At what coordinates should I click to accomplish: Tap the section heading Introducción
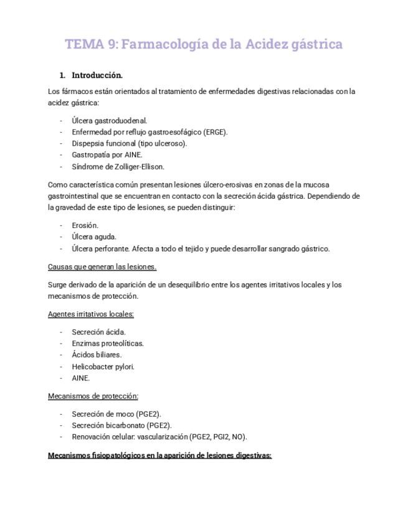(97, 75)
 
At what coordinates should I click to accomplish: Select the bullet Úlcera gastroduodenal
(109, 120)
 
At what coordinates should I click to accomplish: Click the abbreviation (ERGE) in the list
(216, 132)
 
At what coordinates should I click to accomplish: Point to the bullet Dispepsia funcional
(103, 143)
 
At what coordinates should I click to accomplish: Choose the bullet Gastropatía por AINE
(107, 154)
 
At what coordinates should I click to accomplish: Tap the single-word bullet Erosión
(85, 225)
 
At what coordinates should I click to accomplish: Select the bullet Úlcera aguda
(93, 237)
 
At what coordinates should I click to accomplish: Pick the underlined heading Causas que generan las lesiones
(102, 266)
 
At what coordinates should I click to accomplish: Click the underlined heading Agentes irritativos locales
(91, 314)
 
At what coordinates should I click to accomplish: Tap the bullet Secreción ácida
(98, 332)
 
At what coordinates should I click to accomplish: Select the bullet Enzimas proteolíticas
(107, 343)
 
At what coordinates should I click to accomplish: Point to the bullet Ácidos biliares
(97, 354)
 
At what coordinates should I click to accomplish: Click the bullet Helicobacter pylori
(103, 366)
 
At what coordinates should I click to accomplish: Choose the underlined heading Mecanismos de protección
(93, 395)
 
